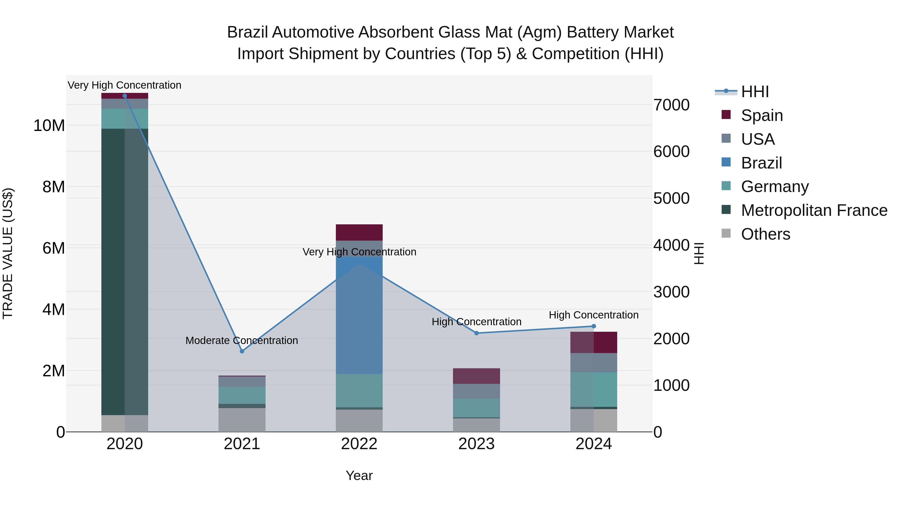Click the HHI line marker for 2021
click(242, 351)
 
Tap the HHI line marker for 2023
click(476, 333)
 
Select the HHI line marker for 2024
click(594, 326)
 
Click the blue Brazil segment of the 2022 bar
click(359, 315)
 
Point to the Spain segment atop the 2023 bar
click(476, 376)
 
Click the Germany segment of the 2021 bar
click(242, 395)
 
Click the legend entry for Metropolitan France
click(814, 210)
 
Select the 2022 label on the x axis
click(359, 444)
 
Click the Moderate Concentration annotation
click(242, 341)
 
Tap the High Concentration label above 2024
click(594, 315)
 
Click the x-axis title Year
click(359, 475)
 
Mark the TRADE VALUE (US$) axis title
click(8, 253)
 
